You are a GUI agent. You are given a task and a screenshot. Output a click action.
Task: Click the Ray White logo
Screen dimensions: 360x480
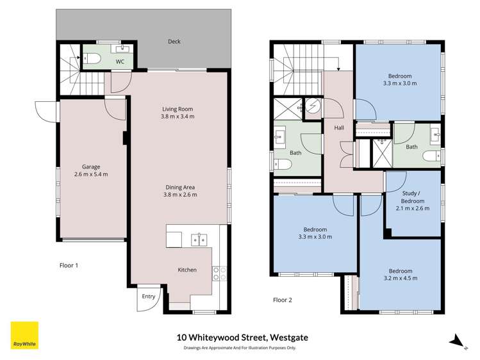click(24, 336)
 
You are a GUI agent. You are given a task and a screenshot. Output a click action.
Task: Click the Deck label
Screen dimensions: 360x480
click(174, 42)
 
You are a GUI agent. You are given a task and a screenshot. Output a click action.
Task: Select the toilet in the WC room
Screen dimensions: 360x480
click(91, 60)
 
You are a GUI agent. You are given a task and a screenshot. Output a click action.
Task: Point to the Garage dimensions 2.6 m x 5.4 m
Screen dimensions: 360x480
click(90, 174)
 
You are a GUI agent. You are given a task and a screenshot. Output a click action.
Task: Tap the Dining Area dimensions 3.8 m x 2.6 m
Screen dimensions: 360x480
click(181, 195)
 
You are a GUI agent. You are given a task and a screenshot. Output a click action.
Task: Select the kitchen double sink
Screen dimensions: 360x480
click(199, 240)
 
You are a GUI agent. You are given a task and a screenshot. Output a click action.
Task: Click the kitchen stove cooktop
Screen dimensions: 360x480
click(220, 274)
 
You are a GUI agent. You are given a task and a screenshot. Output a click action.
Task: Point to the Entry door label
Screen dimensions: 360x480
click(148, 296)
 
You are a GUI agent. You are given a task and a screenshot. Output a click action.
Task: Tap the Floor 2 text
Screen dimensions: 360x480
click(282, 299)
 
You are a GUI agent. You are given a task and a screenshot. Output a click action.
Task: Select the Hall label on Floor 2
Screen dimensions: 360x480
click(338, 128)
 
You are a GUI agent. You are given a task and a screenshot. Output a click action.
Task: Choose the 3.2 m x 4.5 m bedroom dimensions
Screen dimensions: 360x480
click(400, 279)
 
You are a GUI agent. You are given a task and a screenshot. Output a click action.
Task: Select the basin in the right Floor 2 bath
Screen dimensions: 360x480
click(435, 134)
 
